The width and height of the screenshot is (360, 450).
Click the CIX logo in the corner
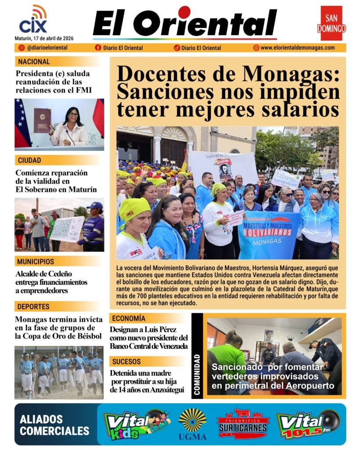(x=33, y=20)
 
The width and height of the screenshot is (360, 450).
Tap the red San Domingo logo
(x=331, y=23)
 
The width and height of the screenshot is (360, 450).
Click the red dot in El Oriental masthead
(x=184, y=12)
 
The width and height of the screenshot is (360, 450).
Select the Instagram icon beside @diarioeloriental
(x=22, y=48)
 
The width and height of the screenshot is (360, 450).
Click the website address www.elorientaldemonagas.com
(x=297, y=48)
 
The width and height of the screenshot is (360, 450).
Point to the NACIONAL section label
(x=34, y=62)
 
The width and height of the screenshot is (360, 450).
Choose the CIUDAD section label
(x=29, y=160)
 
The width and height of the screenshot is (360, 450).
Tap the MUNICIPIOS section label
(x=36, y=262)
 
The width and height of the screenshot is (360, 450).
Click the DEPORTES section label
(x=33, y=306)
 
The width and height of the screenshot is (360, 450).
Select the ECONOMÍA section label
(x=129, y=318)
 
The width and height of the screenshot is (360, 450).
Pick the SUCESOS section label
(x=126, y=362)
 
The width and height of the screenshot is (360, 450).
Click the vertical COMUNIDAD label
(x=197, y=376)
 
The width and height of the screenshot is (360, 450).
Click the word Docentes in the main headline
(x=165, y=73)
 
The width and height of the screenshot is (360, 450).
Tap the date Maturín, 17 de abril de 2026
(x=44, y=38)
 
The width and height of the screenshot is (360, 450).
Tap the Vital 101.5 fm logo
(x=308, y=424)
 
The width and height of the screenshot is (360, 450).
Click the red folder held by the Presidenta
(x=42, y=120)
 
